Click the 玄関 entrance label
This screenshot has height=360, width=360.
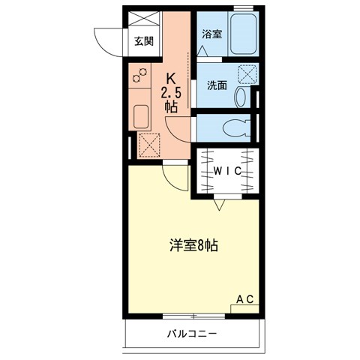pyautogui.click(x=142, y=41)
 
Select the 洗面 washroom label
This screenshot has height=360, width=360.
pyautogui.click(x=217, y=85)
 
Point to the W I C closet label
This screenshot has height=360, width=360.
pyautogui.click(x=226, y=172)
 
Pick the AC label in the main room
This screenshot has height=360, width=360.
pyautogui.click(x=245, y=299)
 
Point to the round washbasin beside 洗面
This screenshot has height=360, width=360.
pyautogui.click(x=241, y=96)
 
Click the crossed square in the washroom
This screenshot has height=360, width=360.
pyautogui.click(x=246, y=73)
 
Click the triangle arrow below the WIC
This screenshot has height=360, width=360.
pyautogui.click(x=220, y=202)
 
